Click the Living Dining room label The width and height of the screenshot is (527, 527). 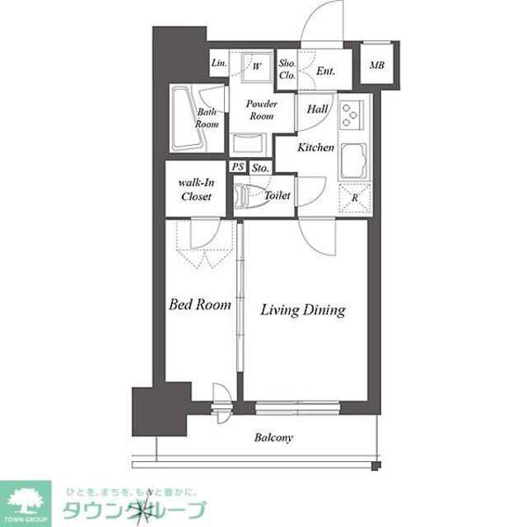point(302,310)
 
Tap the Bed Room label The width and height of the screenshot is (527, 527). point(199,305)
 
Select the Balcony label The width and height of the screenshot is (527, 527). point(273,437)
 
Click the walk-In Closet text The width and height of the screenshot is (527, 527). point(197,190)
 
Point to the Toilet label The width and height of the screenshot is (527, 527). point(277,196)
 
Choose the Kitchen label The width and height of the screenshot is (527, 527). point(315,148)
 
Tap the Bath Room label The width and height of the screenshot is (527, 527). point(207,118)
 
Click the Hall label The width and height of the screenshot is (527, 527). point(318,109)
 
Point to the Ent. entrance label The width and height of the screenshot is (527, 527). point(326,71)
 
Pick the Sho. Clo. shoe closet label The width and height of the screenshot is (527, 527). point(287,70)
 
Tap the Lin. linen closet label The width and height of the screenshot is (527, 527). point(218,63)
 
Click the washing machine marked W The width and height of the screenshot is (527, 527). point(256,66)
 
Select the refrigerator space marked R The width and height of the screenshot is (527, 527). point(355,198)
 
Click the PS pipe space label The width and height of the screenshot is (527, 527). point(239,167)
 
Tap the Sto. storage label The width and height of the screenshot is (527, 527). point(260,167)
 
